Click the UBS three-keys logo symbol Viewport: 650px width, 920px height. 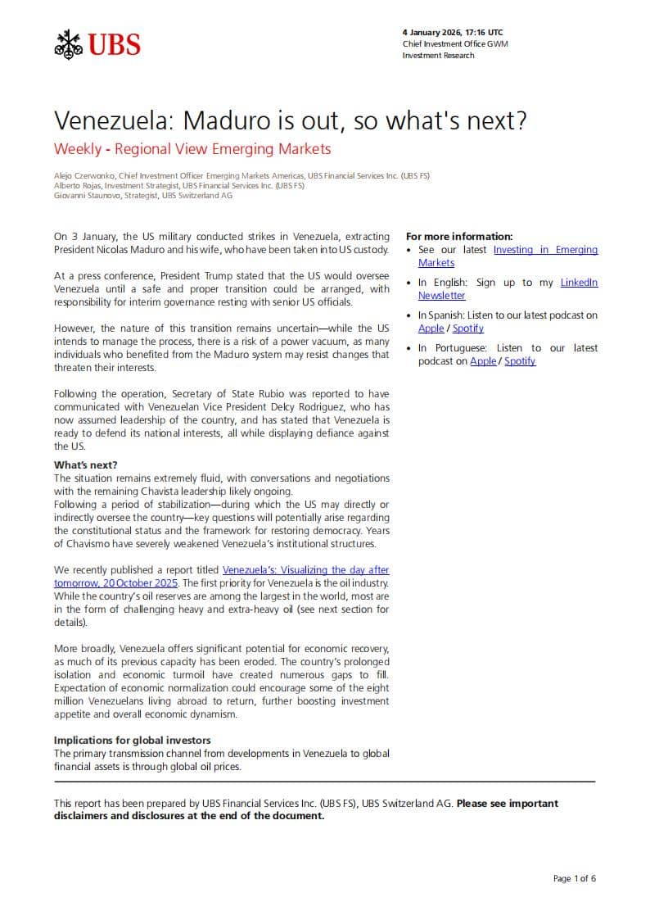click(69, 43)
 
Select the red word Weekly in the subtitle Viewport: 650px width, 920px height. click(78, 149)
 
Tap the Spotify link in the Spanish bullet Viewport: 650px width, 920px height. click(467, 329)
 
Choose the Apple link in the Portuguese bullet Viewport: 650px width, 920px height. click(482, 361)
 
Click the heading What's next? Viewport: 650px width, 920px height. click(86, 465)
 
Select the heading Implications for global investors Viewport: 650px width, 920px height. click(133, 741)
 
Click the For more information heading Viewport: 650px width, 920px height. click(459, 237)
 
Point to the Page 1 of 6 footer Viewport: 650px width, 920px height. click(574, 879)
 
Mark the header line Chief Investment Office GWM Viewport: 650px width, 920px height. click(454, 44)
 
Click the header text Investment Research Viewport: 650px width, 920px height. click(438, 56)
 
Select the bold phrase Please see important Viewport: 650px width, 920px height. click(507, 804)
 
